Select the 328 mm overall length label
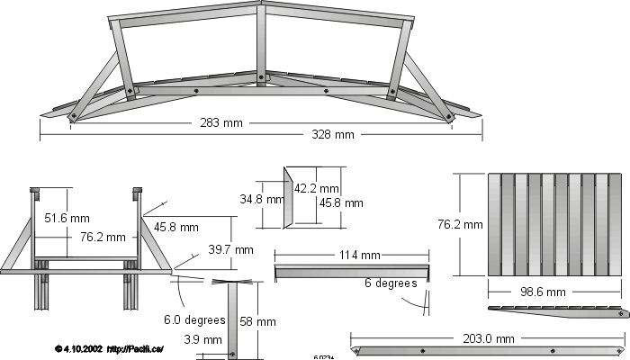click(332, 135)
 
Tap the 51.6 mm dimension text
click(67, 218)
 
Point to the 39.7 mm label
click(231, 249)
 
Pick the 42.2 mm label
click(317, 189)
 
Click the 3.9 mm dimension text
click(202, 340)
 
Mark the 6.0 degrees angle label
click(193, 319)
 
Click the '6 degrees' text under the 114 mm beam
click(391, 283)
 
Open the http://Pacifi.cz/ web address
click(135, 349)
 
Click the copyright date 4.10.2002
click(81, 349)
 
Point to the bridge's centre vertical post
click(261, 45)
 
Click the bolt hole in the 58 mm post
click(232, 354)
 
